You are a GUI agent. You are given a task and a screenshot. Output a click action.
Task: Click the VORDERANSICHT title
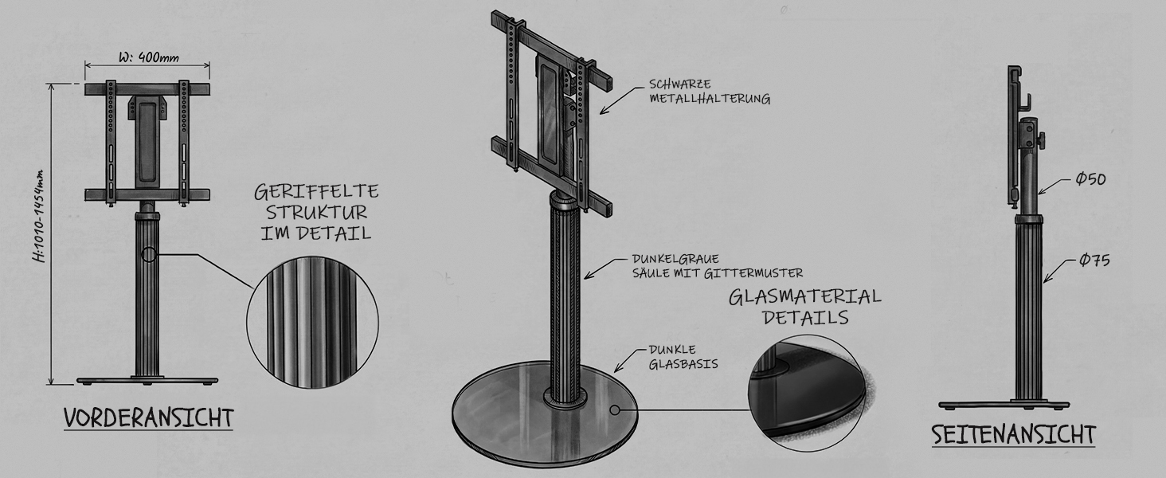pyautogui.click(x=149, y=418)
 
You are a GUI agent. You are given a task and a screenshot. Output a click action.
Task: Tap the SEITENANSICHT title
pyautogui.click(x=1014, y=434)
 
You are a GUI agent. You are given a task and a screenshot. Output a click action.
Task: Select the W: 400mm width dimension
pyautogui.click(x=149, y=57)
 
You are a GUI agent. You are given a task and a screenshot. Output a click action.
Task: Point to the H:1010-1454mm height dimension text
pyautogui.click(x=39, y=216)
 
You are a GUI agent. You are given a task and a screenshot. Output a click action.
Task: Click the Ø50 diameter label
pyautogui.click(x=1090, y=179)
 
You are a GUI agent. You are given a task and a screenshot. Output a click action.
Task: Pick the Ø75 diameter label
pyautogui.click(x=1094, y=260)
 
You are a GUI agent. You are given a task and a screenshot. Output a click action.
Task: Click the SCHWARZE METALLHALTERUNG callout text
pyautogui.click(x=710, y=92)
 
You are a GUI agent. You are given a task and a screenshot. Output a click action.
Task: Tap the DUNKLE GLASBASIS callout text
pyautogui.click(x=683, y=357)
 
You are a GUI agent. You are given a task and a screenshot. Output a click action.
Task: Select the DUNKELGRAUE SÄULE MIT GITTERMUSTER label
pyautogui.click(x=718, y=265)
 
